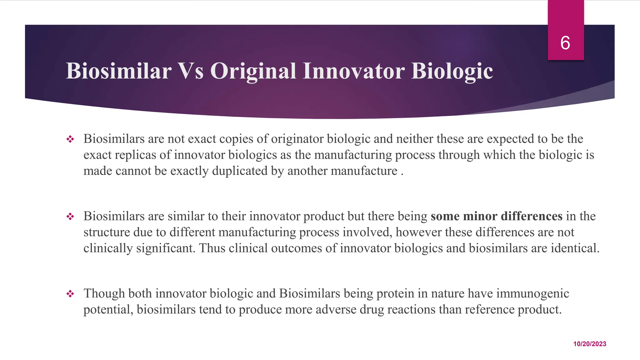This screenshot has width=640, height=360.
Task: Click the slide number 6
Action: pos(565,43)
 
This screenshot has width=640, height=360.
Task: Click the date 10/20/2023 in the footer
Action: pos(590,344)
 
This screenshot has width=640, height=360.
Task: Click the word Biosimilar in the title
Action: pos(118,71)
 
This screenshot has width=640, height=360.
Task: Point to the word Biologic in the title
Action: pos(452,71)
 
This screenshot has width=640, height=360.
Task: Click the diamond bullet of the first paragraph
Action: pos(70,139)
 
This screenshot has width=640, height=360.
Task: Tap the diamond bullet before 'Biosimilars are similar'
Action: pos(70,216)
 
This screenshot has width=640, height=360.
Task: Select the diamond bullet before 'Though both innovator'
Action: pos(70,293)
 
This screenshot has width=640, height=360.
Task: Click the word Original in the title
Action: pos(253,71)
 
